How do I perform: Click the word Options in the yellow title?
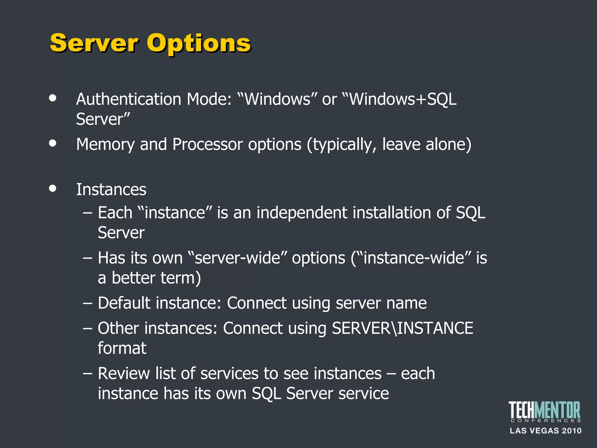[x=199, y=44]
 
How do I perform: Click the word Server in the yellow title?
[x=94, y=43]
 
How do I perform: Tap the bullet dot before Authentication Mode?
[x=53, y=98]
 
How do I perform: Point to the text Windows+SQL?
[x=402, y=99]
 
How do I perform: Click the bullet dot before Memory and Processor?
[x=53, y=143]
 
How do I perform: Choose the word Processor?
[x=207, y=144]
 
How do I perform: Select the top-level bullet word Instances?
[x=111, y=190]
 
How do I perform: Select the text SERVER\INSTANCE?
[x=402, y=328]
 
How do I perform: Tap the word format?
[x=122, y=348]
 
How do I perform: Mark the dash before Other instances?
[x=87, y=328]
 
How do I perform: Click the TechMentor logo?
[x=545, y=412]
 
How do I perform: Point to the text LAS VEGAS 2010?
[x=545, y=431]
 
